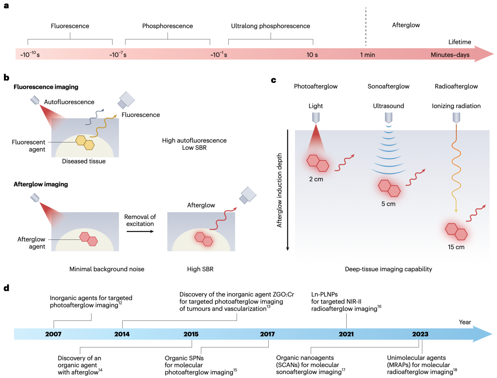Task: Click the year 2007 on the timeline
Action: pos(53,334)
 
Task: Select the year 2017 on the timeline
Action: pos(267,334)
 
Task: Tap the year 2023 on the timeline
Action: pos(420,334)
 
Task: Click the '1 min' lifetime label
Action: pos(367,55)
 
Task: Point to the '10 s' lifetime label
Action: pos(312,55)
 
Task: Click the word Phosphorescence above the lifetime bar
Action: pos(168,26)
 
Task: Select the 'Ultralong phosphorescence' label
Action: pos(271,26)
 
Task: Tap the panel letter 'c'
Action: pos(273,80)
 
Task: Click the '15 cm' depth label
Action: pos(456,247)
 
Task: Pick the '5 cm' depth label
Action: pos(389,204)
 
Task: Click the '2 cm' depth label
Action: pos(316,179)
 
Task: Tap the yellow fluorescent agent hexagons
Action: pos(85,142)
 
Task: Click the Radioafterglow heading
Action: pos(456,86)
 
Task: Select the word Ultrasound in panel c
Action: pos(389,106)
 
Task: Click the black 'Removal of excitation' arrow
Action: pos(140,231)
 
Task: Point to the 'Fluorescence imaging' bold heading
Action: pos(46,87)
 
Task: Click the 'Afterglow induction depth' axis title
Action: pos(279,190)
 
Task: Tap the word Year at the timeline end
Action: pos(465,322)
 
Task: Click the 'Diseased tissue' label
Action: pos(84,161)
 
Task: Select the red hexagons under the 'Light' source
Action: pos(318,163)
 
